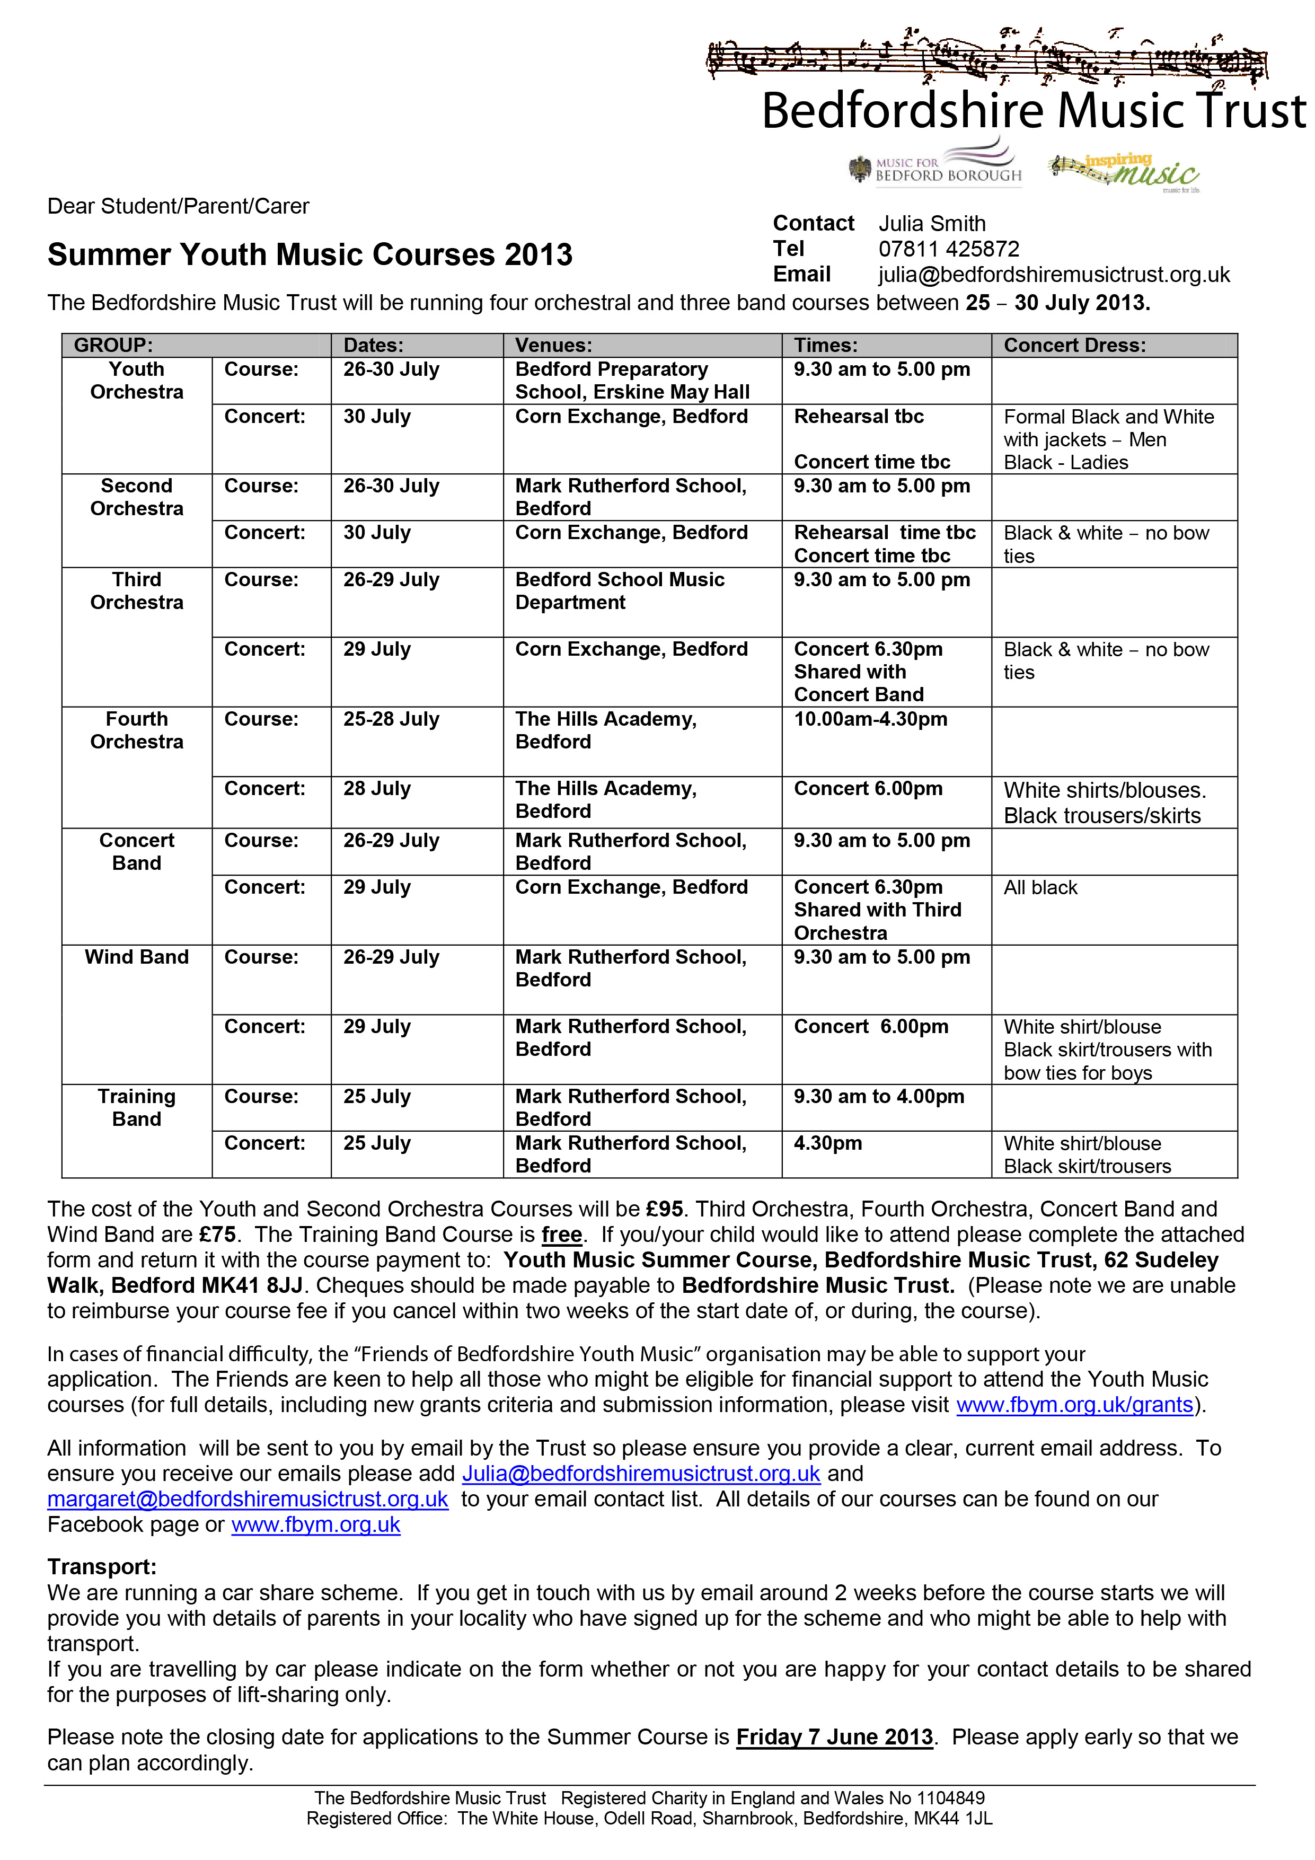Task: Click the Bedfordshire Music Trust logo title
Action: tap(1033, 111)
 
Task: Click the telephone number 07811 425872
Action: tap(949, 249)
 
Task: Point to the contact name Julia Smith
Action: tap(932, 224)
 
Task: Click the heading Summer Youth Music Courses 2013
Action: tap(310, 254)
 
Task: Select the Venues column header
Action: tap(553, 345)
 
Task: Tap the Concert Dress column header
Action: tap(1074, 345)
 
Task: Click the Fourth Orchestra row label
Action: tap(136, 730)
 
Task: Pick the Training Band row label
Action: tap(136, 1107)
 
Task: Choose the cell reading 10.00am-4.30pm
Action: tap(870, 719)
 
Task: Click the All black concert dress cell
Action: tap(1040, 888)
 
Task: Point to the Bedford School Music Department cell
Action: tap(620, 590)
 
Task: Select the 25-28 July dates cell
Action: tap(391, 719)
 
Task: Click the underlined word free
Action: tap(561, 1235)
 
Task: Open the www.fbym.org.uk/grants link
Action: tap(1074, 1404)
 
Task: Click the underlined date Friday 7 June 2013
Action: tap(835, 1737)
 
